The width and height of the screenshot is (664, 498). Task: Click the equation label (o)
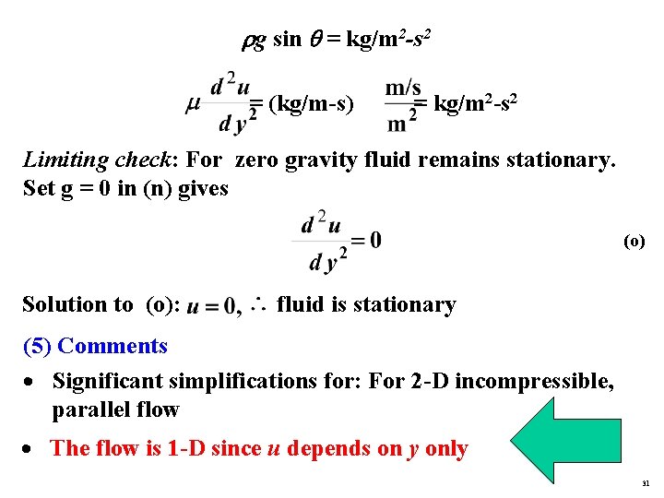coord(634,243)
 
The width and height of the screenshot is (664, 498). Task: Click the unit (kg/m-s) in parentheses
coord(311,104)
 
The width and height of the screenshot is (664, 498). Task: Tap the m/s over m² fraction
coord(402,105)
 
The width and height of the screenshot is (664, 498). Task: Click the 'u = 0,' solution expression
coord(213,306)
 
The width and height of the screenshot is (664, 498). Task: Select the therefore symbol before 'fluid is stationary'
coord(258,303)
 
